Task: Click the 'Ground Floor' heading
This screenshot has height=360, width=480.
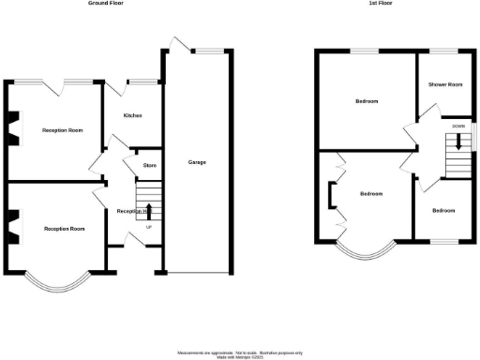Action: click(106, 4)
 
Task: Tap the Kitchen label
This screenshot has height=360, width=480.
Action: click(133, 116)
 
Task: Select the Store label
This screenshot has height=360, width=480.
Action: click(149, 166)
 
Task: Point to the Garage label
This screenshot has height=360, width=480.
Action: click(197, 162)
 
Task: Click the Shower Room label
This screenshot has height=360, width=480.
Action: click(445, 85)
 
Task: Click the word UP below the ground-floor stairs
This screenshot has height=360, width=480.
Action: click(148, 227)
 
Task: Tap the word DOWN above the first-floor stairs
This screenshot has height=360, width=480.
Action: click(457, 126)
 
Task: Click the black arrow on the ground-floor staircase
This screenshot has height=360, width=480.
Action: click(149, 209)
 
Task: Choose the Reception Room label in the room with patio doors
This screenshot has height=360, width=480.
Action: click(62, 130)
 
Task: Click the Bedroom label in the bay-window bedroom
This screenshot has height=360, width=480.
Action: click(371, 194)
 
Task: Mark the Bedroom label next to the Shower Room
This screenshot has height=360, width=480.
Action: click(367, 101)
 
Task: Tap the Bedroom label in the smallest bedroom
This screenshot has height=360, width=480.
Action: click(443, 211)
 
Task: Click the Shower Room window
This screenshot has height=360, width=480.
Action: click(444, 50)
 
